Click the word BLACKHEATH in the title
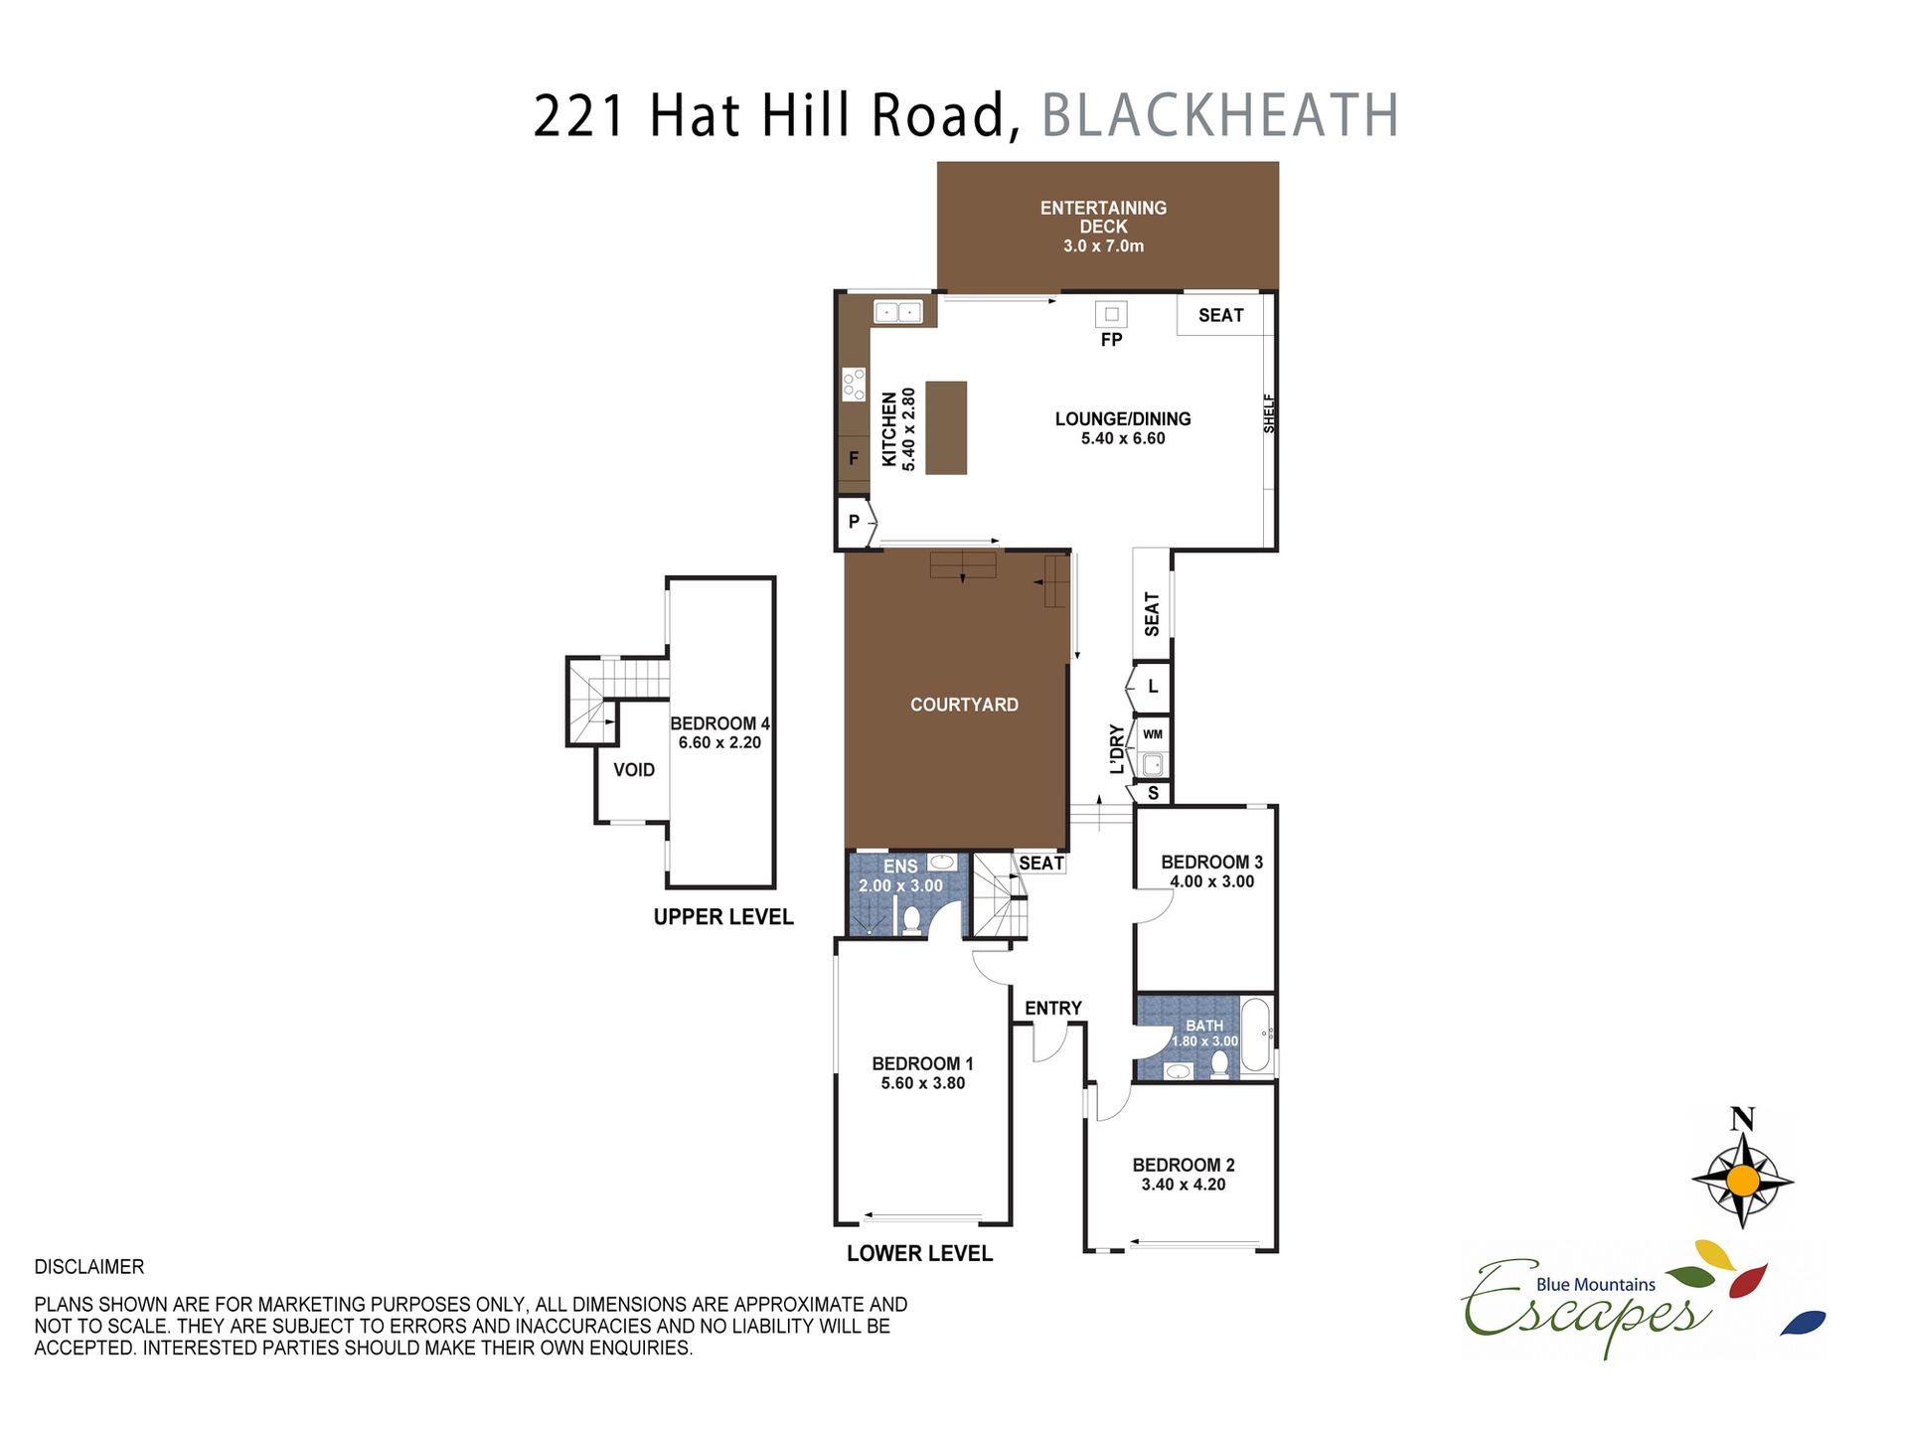(1220, 115)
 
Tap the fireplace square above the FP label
(1112, 314)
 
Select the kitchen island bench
(946, 427)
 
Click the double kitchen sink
(898, 312)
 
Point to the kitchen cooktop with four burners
(854, 385)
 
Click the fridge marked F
(854, 458)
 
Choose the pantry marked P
(855, 522)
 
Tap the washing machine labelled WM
(1153, 734)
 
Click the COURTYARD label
(964, 705)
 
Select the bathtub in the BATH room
(1255, 1035)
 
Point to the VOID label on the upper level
(634, 770)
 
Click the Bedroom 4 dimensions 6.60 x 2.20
(719, 742)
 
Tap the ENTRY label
(1053, 1008)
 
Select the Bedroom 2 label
(1184, 1165)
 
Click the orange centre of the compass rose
(1743, 1181)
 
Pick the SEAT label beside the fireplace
(1220, 315)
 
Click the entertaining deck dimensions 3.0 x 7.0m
(1103, 245)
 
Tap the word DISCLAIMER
(89, 1267)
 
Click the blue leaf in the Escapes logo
(1803, 1323)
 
